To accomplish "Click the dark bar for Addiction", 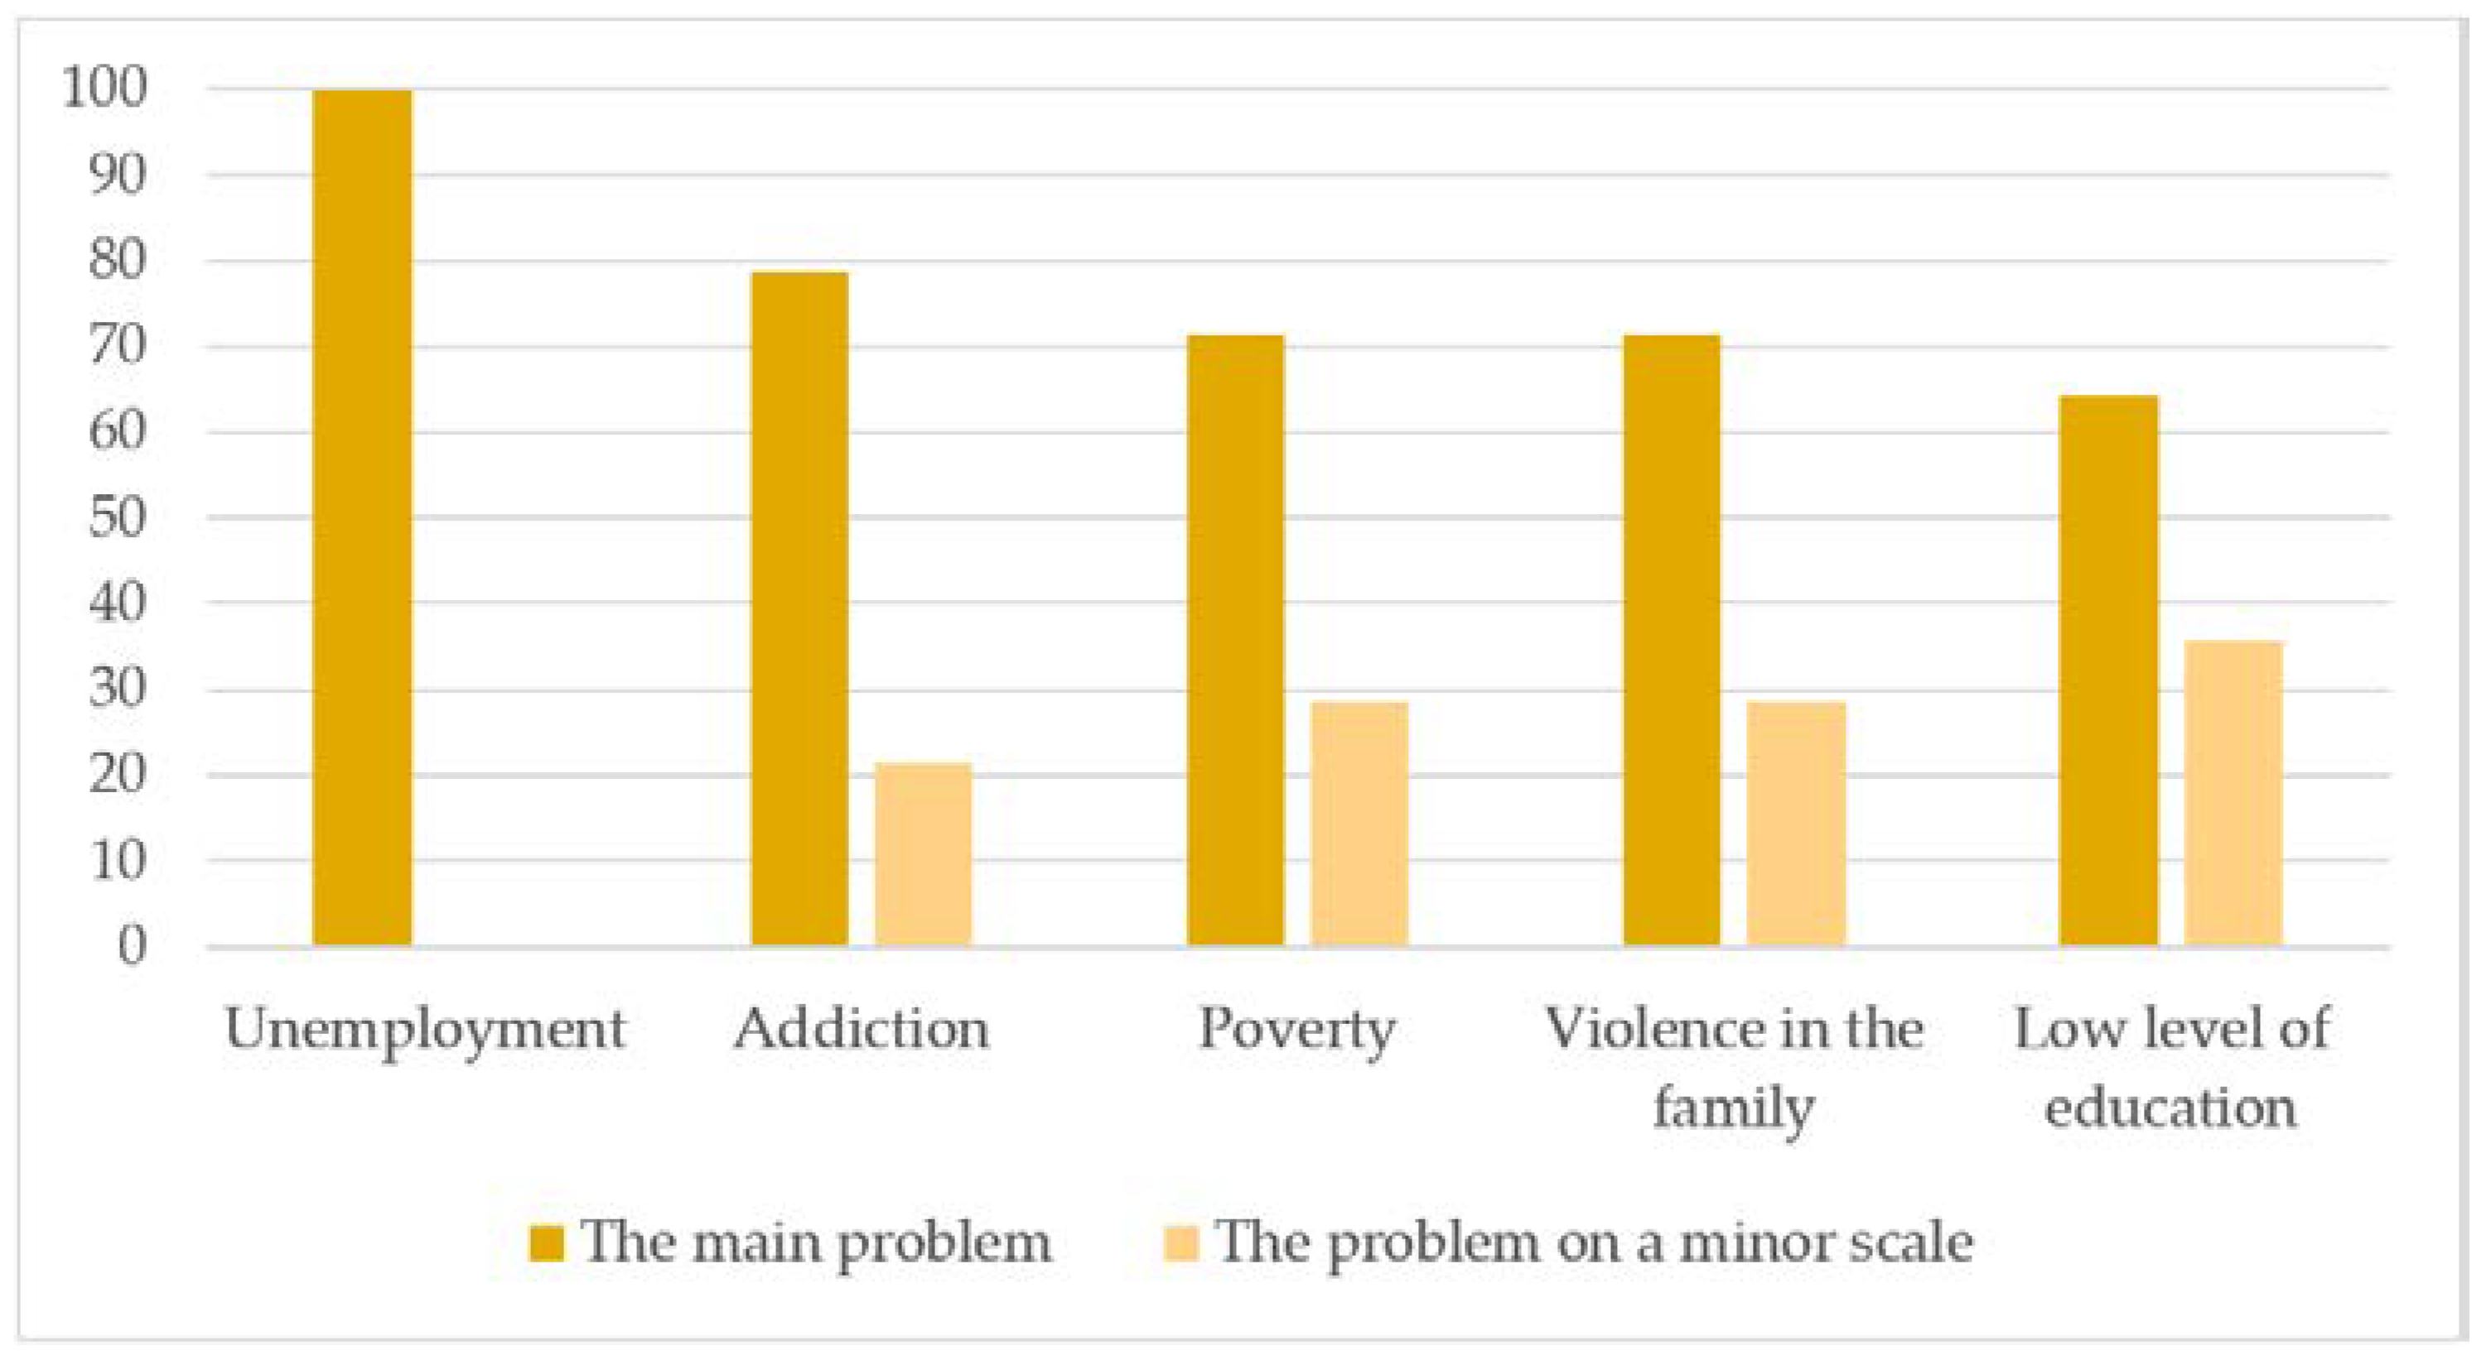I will [x=799, y=608].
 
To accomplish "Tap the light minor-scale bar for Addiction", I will [x=924, y=853].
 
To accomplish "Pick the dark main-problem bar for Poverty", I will [x=1235, y=640].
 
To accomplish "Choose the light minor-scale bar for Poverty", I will [x=1359, y=823].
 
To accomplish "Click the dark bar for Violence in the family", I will [x=1672, y=640].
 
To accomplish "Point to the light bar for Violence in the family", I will [x=1796, y=823].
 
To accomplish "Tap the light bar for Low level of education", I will [x=2233, y=793].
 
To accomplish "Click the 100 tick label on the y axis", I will [x=105, y=88].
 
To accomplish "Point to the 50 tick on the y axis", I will [x=117, y=518].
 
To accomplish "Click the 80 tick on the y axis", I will [x=117, y=261].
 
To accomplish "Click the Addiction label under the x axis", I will [x=862, y=1028].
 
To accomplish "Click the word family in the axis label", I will [x=1733, y=1108].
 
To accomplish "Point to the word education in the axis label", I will [x=2170, y=1107].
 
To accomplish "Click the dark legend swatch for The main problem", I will [x=546, y=1243].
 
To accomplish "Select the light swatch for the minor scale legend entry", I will [x=1180, y=1243].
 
